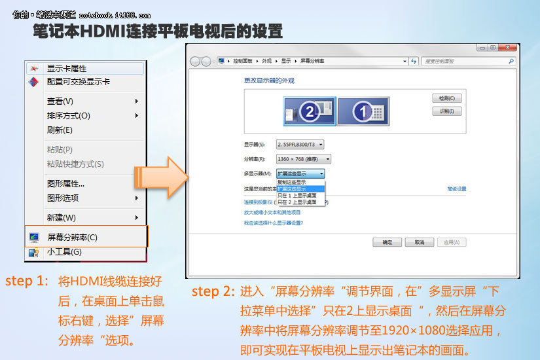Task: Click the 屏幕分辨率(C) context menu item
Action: tap(72, 238)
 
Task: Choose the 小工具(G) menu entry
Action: tap(64, 252)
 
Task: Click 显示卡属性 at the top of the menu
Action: tap(66, 69)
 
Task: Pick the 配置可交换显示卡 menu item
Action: tap(78, 82)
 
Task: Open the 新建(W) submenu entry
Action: tap(62, 217)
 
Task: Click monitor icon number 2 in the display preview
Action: tap(310, 111)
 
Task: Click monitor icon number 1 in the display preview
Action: tap(363, 111)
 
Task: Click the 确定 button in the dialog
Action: tap(382, 242)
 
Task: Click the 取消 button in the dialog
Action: tap(418, 242)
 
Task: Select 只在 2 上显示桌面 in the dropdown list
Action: tap(297, 202)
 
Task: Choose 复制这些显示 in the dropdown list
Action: tap(297, 182)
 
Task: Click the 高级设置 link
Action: tap(456, 189)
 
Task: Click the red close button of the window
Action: tap(509, 48)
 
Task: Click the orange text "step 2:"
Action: tap(212, 292)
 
